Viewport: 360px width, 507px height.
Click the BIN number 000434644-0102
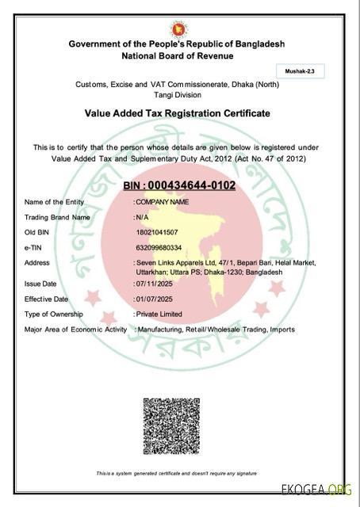pyautogui.click(x=180, y=185)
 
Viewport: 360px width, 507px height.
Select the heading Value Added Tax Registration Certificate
pyautogui.click(x=177, y=113)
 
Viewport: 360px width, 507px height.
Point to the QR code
pyautogui.click(x=170, y=425)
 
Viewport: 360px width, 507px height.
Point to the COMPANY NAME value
pyautogui.click(x=163, y=202)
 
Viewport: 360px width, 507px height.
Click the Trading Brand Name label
pyautogui.click(x=57, y=217)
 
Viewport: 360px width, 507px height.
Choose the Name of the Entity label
pyautogui.click(x=54, y=202)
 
